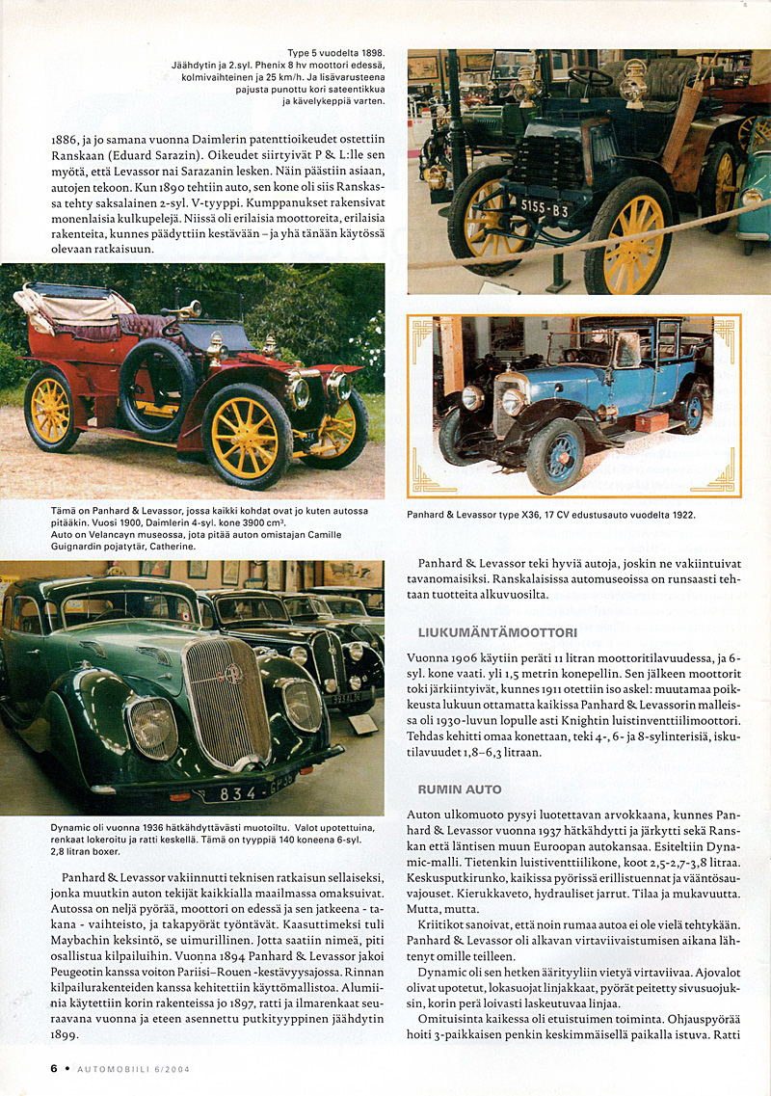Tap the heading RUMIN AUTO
(x=460, y=789)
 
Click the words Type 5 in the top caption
(x=308, y=52)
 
